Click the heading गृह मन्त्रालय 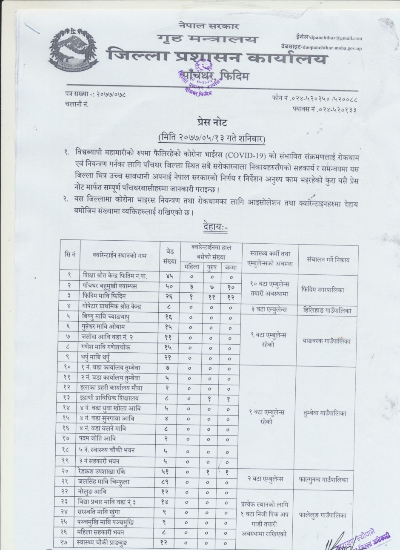point(209,39)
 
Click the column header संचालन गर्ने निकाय point(328,259)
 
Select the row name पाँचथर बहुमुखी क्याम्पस point(113,286)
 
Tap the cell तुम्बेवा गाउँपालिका point(328,413)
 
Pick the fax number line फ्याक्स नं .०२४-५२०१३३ point(324,109)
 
